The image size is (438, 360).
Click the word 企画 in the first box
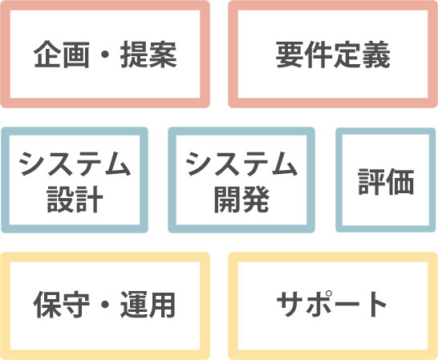62,55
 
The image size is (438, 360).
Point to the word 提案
148,55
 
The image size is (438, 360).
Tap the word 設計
75,199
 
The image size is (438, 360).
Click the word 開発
241,199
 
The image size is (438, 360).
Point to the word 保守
62,305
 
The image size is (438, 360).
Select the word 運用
148,305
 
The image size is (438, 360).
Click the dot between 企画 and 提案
105,55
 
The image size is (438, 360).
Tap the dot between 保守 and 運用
105,305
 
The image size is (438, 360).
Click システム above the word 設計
75,164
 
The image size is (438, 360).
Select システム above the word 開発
241,164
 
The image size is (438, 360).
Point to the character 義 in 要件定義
376,55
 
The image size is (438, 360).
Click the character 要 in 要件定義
290,55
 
